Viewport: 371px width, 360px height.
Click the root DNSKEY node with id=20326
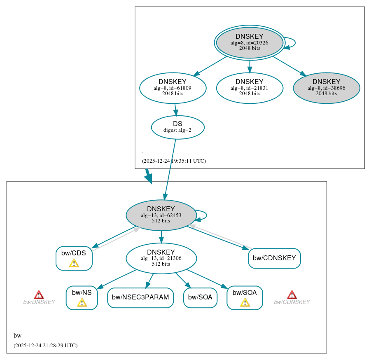pos(250,42)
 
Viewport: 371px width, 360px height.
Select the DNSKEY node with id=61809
pos(173,88)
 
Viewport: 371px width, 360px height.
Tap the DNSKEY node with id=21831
pos(250,88)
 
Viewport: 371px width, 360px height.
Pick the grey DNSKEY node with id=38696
pos(326,88)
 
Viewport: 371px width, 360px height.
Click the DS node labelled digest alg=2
pos(177,127)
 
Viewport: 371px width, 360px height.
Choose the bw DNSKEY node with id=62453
pos(161,215)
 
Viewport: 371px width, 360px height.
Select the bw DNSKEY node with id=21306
pos(161,258)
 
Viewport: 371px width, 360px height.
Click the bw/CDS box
pos(74,258)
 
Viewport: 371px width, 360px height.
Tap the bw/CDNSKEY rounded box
pos(274,258)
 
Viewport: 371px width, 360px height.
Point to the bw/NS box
pos(82,297)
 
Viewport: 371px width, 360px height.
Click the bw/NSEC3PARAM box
pos(140,297)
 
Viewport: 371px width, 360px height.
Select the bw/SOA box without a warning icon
pos(200,297)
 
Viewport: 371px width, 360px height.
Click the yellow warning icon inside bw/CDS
pos(74,263)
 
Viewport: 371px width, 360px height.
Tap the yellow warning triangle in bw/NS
pos(82,303)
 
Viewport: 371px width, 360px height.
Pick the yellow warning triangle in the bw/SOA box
pos(245,303)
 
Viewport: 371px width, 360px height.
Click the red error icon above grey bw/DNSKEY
pos(39,295)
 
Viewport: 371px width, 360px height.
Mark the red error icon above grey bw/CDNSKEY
pos(292,295)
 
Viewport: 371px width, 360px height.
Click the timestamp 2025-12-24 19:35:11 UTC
pos(174,161)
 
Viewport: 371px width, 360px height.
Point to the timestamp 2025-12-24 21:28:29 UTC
pos(45,346)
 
